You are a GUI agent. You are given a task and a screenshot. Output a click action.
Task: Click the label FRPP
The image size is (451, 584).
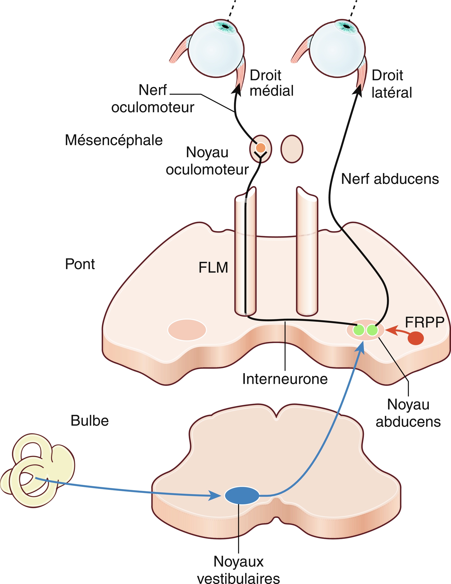pos(424,322)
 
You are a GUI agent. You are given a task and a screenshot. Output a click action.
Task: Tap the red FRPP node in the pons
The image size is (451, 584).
pos(416,338)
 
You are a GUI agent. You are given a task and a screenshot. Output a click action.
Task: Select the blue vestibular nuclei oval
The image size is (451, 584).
pos(242,495)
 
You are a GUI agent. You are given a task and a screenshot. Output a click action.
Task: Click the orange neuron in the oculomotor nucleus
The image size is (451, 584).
pos(261,148)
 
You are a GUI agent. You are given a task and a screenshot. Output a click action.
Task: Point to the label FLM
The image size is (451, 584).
pos(213,268)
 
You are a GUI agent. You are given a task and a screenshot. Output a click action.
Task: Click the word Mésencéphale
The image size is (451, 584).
pos(114,140)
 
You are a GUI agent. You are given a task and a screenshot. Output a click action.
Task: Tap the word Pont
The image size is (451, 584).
pos(80,264)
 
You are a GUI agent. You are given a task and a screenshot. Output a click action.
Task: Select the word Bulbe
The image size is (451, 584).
pos(89,421)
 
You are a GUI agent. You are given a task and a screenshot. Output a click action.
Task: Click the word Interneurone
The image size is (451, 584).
pos(285,379)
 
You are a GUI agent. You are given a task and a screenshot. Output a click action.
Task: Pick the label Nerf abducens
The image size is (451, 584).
pos(390,179)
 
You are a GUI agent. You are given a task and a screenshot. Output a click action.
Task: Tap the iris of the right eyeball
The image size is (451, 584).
pos(346,27)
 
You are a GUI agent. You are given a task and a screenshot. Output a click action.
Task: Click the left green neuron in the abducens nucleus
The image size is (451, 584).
pos(359,330)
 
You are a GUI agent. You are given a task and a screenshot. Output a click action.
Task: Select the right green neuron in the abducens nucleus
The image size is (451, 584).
pos(372,330)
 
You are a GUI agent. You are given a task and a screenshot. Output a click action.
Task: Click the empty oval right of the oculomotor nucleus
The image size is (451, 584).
pos(292,149)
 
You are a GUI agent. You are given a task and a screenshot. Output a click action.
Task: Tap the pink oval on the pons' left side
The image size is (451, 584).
pos(187,330)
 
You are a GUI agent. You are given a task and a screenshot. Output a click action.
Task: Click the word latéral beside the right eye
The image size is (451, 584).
pos(391,93)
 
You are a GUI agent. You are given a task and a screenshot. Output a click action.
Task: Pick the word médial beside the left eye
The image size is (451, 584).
pos(271,91)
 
